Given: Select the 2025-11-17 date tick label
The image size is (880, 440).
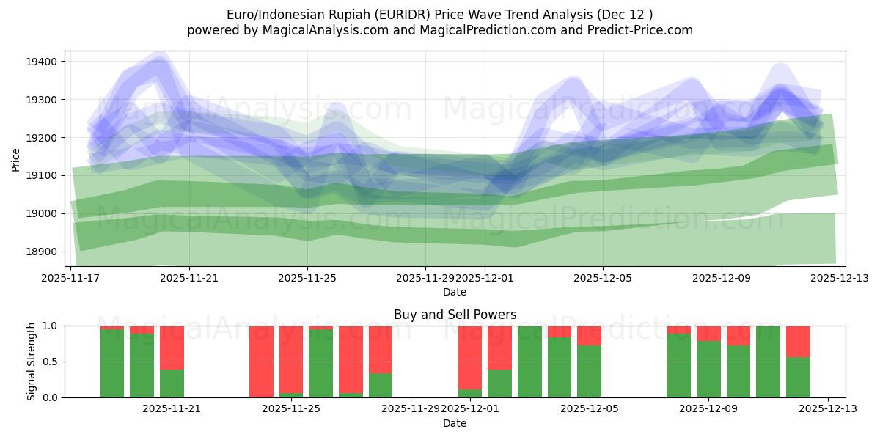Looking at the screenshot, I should click(70, 279).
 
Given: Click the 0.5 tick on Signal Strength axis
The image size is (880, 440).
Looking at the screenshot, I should click(51, 362).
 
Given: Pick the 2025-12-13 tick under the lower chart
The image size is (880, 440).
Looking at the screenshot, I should click(828, 409).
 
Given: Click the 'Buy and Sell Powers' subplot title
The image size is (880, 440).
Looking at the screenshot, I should click(455, 315).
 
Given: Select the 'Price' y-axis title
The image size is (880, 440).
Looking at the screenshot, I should click(16, 158).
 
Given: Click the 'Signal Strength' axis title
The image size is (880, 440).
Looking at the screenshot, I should click(31, 362).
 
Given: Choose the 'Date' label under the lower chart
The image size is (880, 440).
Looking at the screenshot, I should click(455, 423).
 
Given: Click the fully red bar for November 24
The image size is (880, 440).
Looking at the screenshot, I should click(261, 362).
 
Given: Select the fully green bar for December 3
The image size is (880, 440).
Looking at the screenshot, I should click(529, 362).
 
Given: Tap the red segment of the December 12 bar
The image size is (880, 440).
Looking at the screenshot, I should click(798, 341).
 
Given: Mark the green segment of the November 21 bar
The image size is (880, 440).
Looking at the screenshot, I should click(172, 384).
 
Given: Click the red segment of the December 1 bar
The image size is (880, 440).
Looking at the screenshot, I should click(470, 357).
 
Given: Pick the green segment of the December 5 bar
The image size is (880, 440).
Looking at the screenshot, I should click(589, 372).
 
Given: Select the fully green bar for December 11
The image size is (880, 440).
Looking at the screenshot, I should click(768, 362).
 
